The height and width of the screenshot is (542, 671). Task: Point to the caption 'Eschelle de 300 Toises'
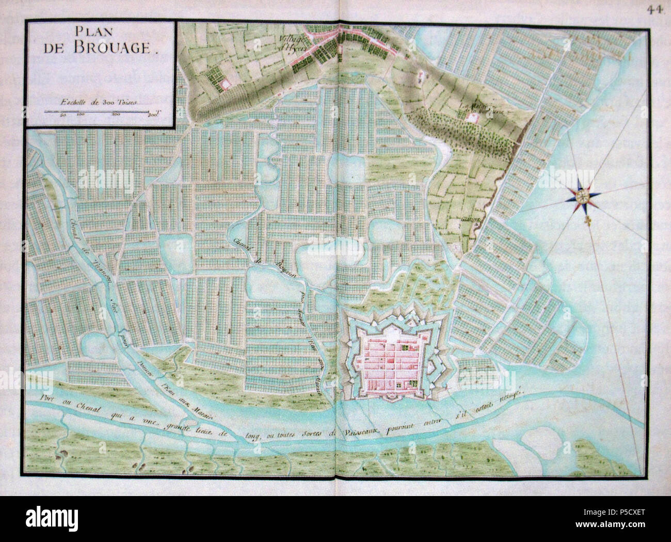98,101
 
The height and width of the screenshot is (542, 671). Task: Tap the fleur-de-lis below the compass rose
587,220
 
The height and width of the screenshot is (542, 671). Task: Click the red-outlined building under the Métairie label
471,118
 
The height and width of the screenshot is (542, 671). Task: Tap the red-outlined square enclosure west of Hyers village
225,83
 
